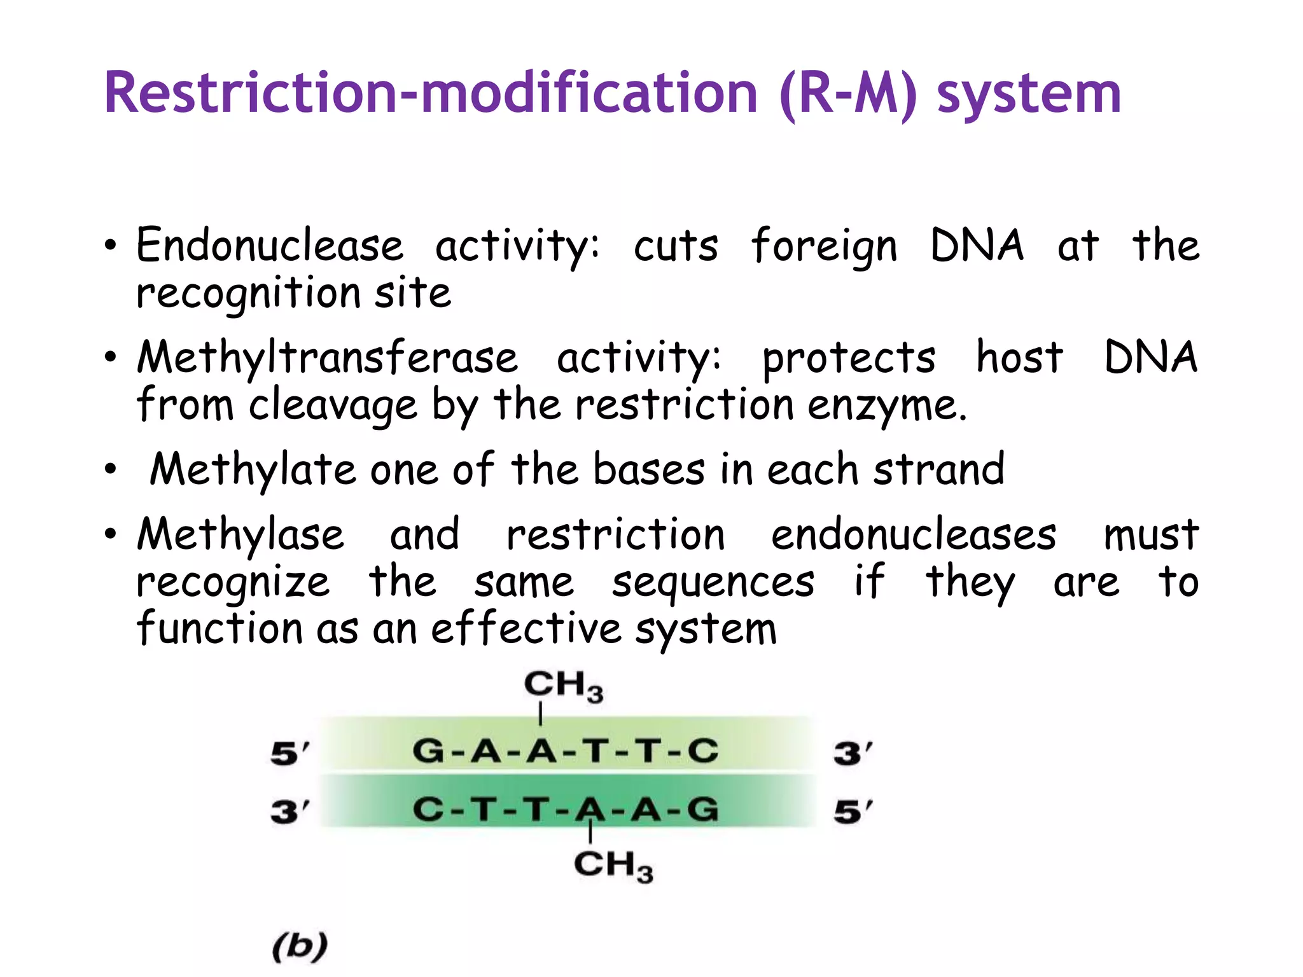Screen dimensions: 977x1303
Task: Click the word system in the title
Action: [x=1028, y=95]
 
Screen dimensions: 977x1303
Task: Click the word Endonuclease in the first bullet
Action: [x=270, y=246]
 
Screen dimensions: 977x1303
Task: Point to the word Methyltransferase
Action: [x=327, y=358]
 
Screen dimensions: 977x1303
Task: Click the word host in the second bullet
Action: [x=1019, y=358]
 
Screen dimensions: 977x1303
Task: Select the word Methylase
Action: [x=240, y=536]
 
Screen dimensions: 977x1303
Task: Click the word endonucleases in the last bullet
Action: [x=914, y=536]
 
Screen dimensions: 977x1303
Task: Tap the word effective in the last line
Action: [x=526, y=630]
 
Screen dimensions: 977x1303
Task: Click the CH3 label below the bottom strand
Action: [x=613, y=866]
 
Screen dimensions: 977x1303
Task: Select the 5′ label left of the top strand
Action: [x=289, y=754]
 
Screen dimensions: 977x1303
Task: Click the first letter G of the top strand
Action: [x=428, y=751]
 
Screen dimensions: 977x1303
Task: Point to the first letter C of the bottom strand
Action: [x=428, y=810]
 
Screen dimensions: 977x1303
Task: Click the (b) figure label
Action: [x=300, y=946]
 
